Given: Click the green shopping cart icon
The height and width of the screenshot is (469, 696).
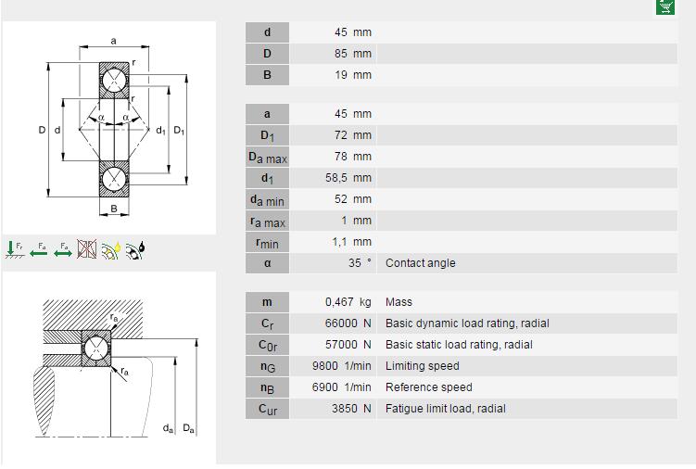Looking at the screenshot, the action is point(664,6).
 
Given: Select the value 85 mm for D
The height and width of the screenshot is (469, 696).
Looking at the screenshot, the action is point(353,54).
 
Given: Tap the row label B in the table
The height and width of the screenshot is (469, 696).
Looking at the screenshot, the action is point(267,75).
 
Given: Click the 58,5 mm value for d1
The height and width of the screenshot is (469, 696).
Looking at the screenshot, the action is point(348,178).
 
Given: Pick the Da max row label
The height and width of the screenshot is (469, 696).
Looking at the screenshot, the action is point(267,158).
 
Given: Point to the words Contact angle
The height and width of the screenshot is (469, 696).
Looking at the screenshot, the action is point(421,263).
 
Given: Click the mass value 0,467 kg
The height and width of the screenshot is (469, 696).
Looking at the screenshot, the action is point(348,302).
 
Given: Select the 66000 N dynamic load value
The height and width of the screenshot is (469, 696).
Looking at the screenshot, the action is point(348,323).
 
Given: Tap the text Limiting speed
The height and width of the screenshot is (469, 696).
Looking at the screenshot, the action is point(422,366).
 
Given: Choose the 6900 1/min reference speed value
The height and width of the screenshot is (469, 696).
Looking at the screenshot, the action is point(341,387).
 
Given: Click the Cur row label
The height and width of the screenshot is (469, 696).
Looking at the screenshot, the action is point(267,409).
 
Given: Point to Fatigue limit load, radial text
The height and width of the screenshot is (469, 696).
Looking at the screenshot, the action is point(445,409).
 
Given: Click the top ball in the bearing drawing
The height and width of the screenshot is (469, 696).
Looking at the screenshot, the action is point(114,81).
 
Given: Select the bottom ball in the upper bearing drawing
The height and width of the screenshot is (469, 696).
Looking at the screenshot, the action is point(114,179).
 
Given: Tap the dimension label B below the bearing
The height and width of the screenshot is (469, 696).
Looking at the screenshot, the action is point(114,209).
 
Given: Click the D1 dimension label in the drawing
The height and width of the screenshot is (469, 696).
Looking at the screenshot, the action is point(179,131).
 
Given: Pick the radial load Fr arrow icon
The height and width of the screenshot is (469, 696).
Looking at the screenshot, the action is point(15,249).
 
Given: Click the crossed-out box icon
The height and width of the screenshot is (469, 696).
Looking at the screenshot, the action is point(87,249).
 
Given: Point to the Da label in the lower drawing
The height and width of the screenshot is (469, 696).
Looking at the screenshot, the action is point(188,428).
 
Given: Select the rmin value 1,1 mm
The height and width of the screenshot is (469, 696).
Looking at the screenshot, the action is point(351,242).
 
